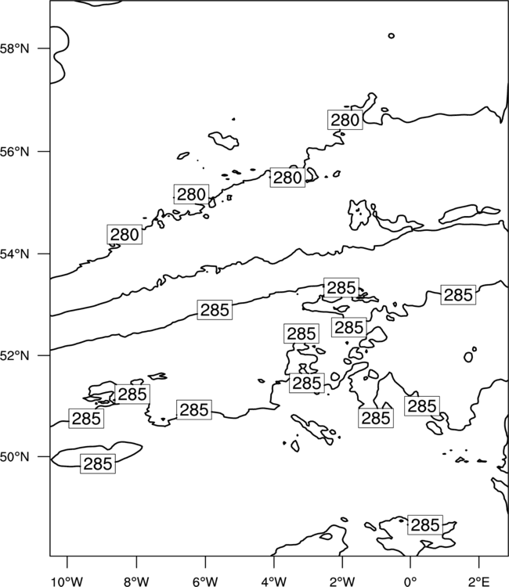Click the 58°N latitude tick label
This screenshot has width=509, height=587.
pyautogui.click(x=14, y=49)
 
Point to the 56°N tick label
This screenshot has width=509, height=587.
pyautogui.click(x=14, y=152)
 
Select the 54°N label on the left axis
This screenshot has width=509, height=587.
pyautogui.click(x=14, y=254)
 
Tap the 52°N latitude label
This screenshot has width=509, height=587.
pyautogui.click(x=14, y=355)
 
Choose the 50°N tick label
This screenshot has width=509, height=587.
pyautogui.click(x=14, y=457)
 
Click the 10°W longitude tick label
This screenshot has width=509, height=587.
pyautogui.click(x=67, y=582)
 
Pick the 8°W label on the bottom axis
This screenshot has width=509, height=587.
pyautogui.click(x=136, y=582)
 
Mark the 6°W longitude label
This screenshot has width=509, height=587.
pyautogui.click(x=205, y=582)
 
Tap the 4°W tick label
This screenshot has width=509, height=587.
pyautogui.click(x=274, y=582)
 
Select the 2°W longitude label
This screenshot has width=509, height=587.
pyautogui.click(x=342, y=582)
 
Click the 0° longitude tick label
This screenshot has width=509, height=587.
pyautogui.click(x=410, y=582)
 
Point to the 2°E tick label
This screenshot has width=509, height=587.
pyautogui.click(x=479, y=582)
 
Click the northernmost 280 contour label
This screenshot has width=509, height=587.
pyautogui.click(x=345, y=120)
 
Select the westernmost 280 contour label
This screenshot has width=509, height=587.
pyautogui.click(x=125, y=235)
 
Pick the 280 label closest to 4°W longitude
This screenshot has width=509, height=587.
pyautogui.click(x=287, y=178)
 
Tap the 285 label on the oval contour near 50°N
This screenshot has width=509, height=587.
pyautogui.click(x=98, y=463)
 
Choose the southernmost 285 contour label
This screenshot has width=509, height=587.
pyautogui.click(x=425, y=525)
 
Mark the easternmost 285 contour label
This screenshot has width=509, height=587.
pyautogui.click(x=458, y=294)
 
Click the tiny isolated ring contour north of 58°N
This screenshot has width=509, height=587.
pyautogui.click(x=392, y=35)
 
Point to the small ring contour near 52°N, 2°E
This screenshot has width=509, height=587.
pyautogui.click(x=468, y=357)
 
